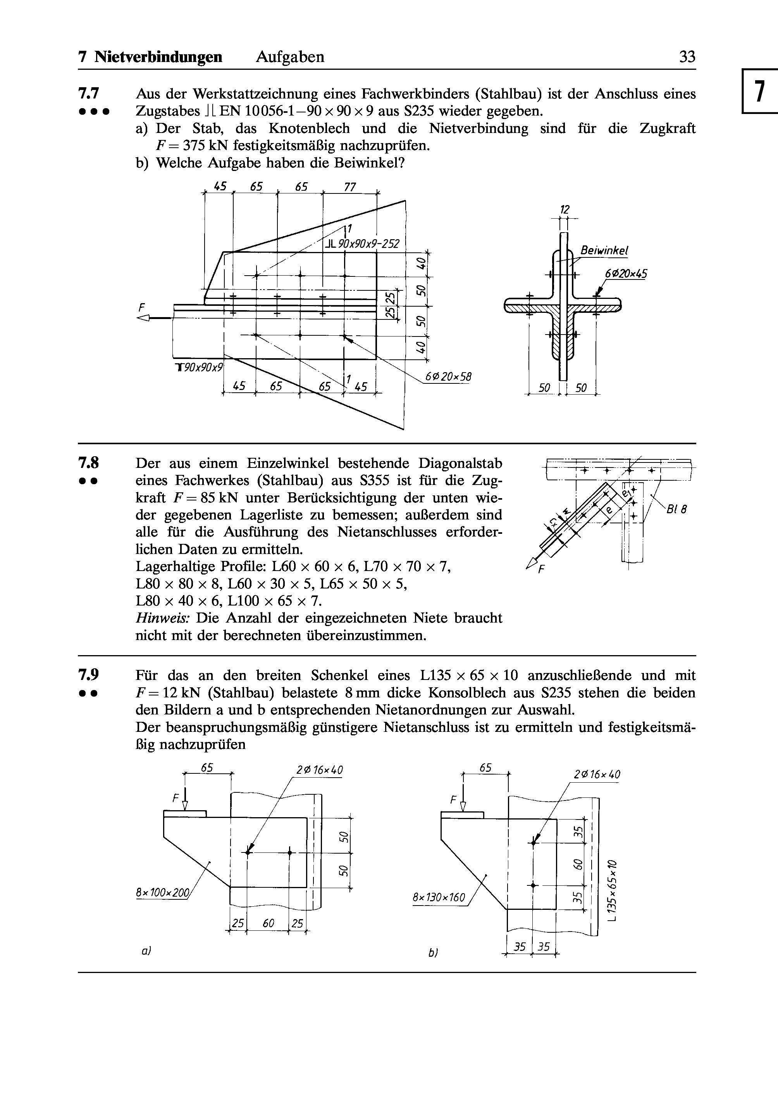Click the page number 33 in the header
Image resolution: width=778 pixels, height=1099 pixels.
click(x=687, y=57)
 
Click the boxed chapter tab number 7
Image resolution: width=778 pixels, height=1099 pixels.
click(x=759, y=91)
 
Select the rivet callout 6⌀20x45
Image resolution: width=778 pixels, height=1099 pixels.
click(x=626, y=274)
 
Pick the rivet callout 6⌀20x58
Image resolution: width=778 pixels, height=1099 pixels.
click(x=448, y=377)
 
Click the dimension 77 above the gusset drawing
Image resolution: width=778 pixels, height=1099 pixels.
click(x=350, y=186)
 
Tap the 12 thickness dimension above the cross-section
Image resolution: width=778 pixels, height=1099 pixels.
click(x=565, y=209)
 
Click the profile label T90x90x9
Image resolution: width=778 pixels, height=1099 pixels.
click(x=199, y=367)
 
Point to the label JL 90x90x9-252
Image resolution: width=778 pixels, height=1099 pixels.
click(x=362, y=244)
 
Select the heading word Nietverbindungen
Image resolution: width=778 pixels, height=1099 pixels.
click(x=158, y=57)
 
